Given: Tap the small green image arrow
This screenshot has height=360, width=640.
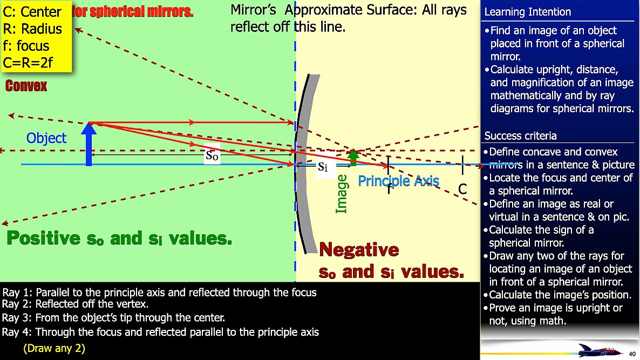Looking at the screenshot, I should click(x=353, y=157).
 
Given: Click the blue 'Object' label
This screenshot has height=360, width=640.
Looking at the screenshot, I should click(x=47, y=138).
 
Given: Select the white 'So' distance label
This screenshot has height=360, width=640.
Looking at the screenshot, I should click(x=213, y=156).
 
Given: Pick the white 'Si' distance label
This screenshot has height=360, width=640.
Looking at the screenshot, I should click(x=323, y=166).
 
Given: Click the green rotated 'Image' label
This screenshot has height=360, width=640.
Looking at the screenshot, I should click(x=341, y=194).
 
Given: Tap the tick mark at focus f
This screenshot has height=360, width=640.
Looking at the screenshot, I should click(x=389, y=165).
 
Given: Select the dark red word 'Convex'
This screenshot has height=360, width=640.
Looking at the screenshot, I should click(x=26, y=86).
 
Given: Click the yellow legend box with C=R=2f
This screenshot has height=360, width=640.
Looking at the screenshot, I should click(x=36, y=37).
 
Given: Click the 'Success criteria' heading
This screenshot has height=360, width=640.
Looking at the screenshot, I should click(x=520, y=135).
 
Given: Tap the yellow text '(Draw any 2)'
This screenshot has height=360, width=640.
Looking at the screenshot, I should click(x=54, y=348).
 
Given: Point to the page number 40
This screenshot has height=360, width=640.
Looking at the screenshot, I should click(x=632, y=354).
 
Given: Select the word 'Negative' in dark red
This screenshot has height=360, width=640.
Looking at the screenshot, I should click(x=359, y=250).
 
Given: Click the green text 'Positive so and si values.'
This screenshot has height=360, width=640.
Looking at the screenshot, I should click(x=120, y=238).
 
